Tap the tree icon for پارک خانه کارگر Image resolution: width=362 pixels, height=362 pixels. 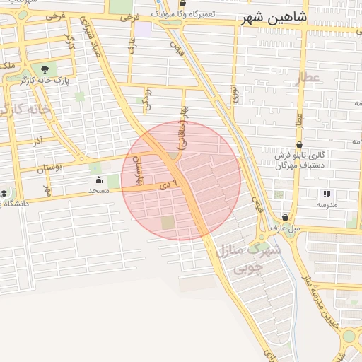tap(45, 69)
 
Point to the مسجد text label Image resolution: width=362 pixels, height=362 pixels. tap(98, 191)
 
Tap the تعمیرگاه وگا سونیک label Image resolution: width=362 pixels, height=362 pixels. tap(206, 13)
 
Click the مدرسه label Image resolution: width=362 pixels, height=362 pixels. tap(327, 204)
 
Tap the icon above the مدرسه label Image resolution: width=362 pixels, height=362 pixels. tap(327, 193)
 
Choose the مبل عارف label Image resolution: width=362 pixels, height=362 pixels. tap(285, 228)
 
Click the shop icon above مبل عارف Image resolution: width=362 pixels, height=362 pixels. tap(285, 217)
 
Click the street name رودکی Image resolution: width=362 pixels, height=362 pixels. tap(148, 98)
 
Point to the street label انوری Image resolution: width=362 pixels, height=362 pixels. tap(234, 94)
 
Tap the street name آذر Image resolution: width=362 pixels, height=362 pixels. tap(38, 141)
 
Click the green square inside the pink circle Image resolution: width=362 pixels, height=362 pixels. tap(168, 223)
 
